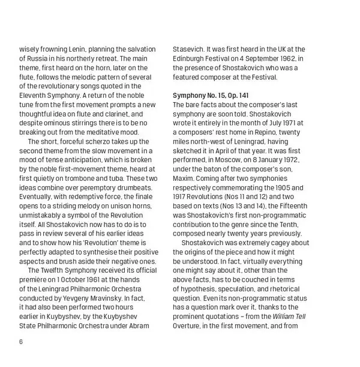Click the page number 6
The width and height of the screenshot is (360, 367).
(22, 342)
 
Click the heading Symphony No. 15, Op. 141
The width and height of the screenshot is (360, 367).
(211, 96)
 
